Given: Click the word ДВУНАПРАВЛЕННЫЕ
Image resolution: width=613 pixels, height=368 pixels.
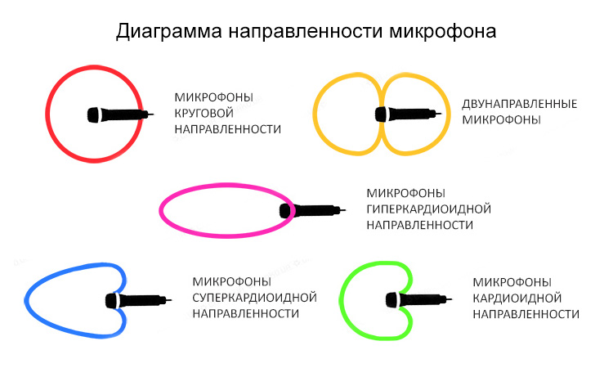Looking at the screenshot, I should pyautogui.click(x=520, y=105).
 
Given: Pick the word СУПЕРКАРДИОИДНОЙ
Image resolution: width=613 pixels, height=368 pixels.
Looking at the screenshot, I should pyautogui.click(x=254, y=297).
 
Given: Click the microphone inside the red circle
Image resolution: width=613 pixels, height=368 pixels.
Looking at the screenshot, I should pyautogui.click(x=118, y=114).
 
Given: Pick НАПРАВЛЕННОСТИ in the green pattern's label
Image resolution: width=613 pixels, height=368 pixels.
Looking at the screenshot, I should pyautogui.click(x=526, y=314).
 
